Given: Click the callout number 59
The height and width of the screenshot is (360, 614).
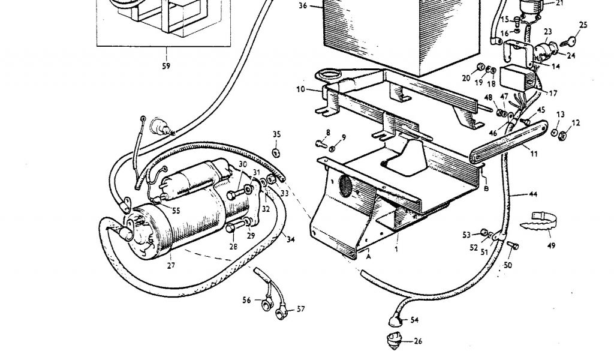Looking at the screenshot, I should [x=166, y=66].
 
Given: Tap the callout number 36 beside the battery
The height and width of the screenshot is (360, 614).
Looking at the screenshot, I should [x=303, y=5].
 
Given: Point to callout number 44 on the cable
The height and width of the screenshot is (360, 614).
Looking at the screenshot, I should [x=533, y=194].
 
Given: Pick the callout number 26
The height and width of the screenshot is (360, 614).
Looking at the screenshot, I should [x=418, y=341].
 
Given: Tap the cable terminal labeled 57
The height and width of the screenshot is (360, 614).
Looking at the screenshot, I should [x=281, y=314].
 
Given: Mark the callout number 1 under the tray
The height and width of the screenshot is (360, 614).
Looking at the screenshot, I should [x=396, y=248].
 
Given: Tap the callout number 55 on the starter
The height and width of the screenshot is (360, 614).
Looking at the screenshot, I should [x=176, y=211].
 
